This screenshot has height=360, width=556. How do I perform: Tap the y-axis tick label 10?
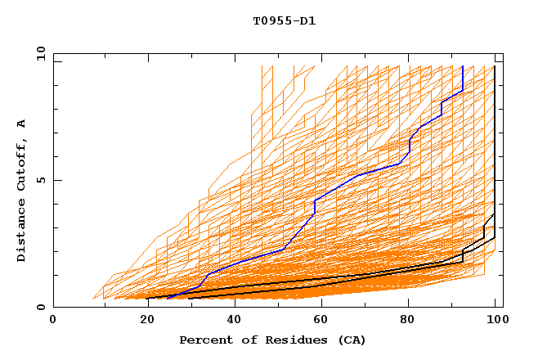(40, 53)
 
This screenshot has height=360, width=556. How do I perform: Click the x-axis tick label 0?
(53, 321)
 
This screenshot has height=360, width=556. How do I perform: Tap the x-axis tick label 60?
(322, 321)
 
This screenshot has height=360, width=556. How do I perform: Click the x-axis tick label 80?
(411, 321)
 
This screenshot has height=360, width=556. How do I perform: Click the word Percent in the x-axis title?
(204, 340)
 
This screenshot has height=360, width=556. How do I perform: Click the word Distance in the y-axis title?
(22, 232)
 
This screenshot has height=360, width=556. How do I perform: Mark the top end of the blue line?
(463, 66)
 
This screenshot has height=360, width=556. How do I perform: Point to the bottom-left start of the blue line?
(167, 299)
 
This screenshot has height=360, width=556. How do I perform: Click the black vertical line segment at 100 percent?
(495, 147)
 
